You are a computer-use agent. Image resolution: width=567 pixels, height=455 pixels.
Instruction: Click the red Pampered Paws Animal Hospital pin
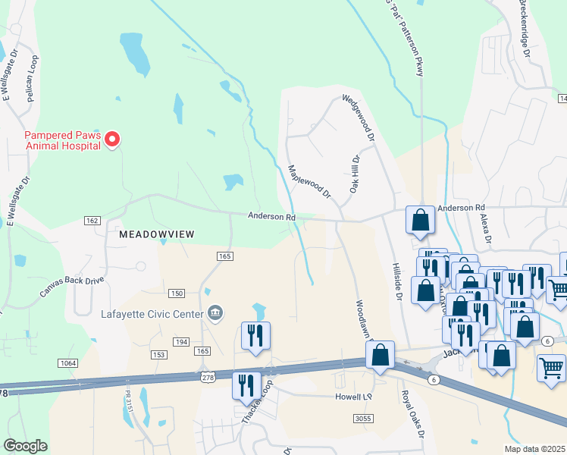click(112, 139)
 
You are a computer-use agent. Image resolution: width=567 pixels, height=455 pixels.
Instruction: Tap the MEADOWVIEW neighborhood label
click(156, 234)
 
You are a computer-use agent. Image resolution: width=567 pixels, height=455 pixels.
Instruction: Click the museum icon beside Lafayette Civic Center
click(215, 313)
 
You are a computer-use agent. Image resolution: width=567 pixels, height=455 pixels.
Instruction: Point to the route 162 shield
click(92, 220)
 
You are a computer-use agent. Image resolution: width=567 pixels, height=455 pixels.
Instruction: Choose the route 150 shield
click(177, 293)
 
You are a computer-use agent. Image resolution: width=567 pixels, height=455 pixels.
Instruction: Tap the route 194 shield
click(181, 343)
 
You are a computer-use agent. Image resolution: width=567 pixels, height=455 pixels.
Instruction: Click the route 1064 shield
click(68, 363)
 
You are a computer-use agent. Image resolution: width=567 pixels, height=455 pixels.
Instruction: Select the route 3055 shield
click(363, 418)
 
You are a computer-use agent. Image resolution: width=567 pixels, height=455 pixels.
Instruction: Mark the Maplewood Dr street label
click(309, 182)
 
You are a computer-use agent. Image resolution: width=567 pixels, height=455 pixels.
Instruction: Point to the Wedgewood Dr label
click(359, 118)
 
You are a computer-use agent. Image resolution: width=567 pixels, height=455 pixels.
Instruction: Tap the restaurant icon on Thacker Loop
click(246, 384)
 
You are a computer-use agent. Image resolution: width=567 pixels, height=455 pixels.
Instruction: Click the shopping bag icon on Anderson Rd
click(420, 220)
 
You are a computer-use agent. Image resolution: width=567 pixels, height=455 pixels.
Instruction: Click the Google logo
click(25, 446)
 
